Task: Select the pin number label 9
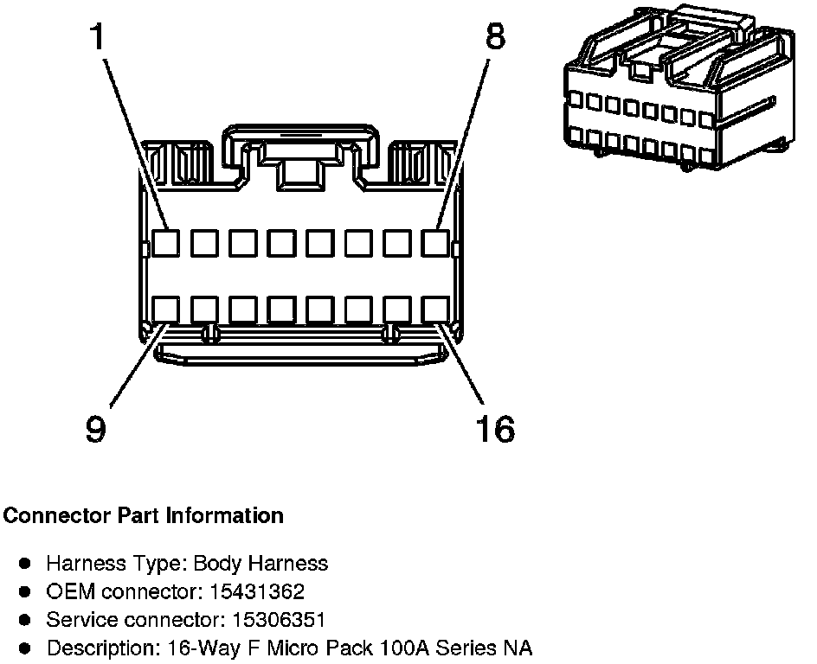96,428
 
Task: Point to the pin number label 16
495,428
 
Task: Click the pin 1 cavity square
165,243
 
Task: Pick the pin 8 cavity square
435,243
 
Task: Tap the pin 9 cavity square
165,310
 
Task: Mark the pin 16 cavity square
435,310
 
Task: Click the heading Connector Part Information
144,516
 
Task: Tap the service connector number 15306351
272,620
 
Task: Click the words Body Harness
261,564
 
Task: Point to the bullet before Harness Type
26,564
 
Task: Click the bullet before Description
26,648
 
